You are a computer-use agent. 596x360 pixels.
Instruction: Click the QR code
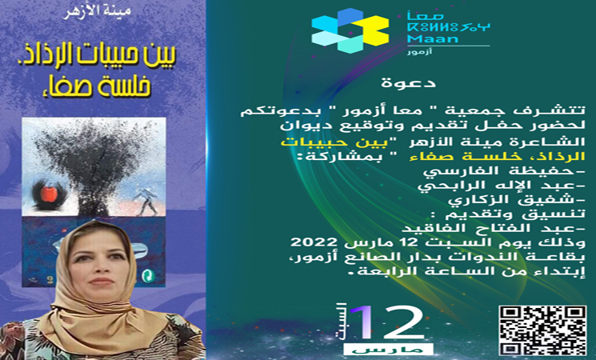542,330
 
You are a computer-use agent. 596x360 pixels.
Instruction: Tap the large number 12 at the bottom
387,322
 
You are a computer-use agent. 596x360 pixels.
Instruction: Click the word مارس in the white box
388,350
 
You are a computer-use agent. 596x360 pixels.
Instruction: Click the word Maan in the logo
433,38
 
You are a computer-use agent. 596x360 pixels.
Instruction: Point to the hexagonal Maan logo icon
350,30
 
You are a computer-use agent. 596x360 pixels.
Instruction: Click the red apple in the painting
49,194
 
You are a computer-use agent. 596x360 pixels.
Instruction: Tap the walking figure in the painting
146,200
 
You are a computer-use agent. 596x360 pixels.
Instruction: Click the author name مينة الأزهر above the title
97,10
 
